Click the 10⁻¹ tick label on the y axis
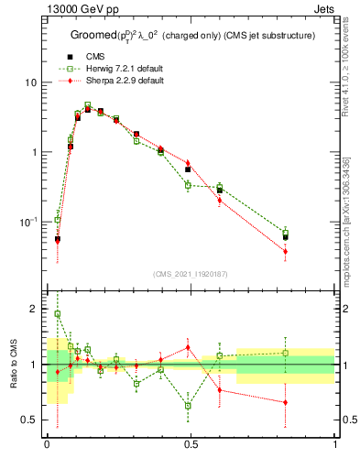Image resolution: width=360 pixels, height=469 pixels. click(x=28, y=222)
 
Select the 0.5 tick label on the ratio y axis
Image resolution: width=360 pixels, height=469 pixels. click(x=29, y=420)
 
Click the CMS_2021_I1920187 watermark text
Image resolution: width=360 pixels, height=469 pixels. click(x=191, y=274)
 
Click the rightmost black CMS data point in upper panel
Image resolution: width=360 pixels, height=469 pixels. click(x=285, y=236)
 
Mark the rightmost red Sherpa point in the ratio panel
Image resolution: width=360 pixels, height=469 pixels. click(x=285, y=402)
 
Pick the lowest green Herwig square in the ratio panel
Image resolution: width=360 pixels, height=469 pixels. click(x=188, y=405)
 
